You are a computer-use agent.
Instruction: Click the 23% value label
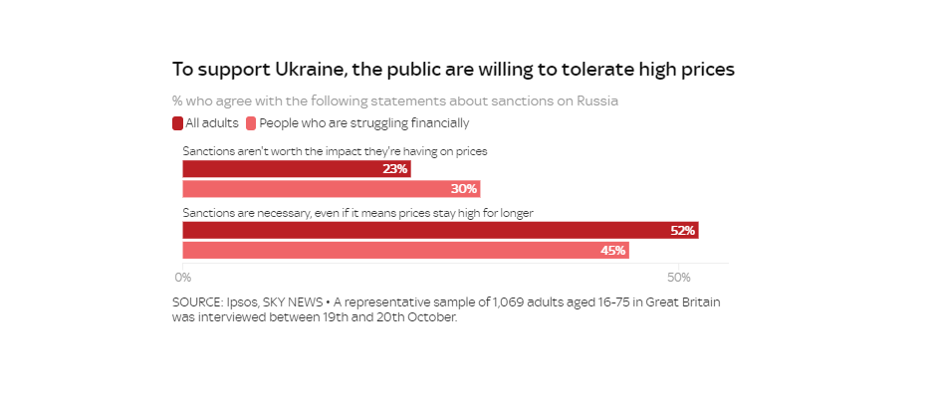[x=395, y=169]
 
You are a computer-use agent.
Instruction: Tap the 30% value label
[x=464, y=189]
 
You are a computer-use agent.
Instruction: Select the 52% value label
[x=682, y=231]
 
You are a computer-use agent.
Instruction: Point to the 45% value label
[x=612, y=251]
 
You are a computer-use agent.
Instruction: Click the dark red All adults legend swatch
[x=177, y=123]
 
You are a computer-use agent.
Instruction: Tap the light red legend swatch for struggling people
[x=251, y=123]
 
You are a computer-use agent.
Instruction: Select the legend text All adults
[x=212, y=123]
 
